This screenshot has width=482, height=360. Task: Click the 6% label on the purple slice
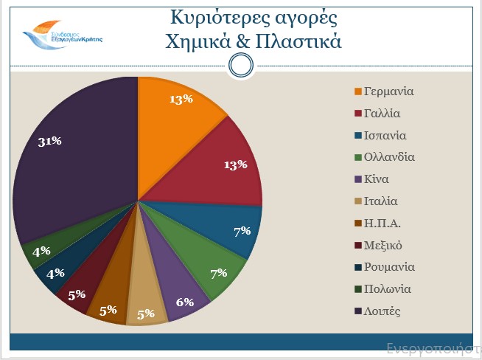pyautogui.click(x=185, y=302)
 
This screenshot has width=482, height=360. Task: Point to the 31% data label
pyautogui.click(x=49, y=142)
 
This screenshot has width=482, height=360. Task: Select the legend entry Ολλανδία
pyautogui.click(x=389, y=157)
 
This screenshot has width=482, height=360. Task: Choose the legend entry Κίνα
pyautogui.click(x=377, y=179)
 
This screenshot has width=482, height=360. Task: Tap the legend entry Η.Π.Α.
pyautogui.click(x=381, y=223)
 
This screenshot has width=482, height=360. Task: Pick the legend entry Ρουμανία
pyautogui.click(x=389, y=266)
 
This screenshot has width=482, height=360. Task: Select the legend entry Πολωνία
pyautogui.click(x=388, y=288)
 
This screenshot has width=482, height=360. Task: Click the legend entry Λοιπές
pyautogui.click(x=383, y=311)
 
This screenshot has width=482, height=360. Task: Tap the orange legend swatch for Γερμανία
pyautogui.click(x=358, y=92)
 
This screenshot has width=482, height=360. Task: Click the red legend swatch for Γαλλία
pyautogui.click(x=358, y=114)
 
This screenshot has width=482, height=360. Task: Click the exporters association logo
pyautogui.click(x=62, y=36)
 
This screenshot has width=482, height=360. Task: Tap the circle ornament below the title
pyautogui.click(x=241, y=66)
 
